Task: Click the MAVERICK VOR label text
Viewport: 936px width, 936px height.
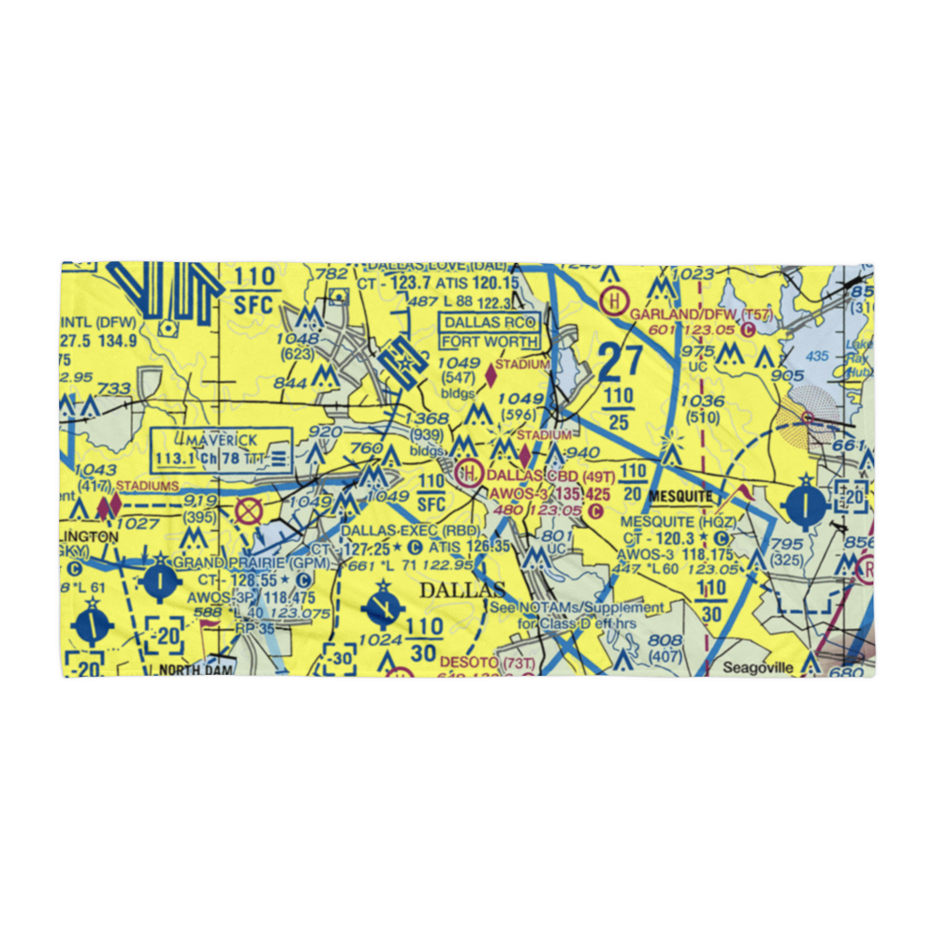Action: point(221,441)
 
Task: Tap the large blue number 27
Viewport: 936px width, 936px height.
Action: point(619,359)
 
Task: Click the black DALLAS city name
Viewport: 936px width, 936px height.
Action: point(461,591)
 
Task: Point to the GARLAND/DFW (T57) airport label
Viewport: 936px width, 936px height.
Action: point(698,314)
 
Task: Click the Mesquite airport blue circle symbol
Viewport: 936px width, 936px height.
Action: point(807,505)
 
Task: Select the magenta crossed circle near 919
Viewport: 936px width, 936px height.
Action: point(248,512)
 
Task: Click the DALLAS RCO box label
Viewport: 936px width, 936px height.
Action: point(490,322)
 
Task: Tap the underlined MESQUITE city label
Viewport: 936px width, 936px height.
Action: point(681,495)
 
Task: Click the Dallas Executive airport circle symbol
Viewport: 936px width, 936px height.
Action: point(383,607)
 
